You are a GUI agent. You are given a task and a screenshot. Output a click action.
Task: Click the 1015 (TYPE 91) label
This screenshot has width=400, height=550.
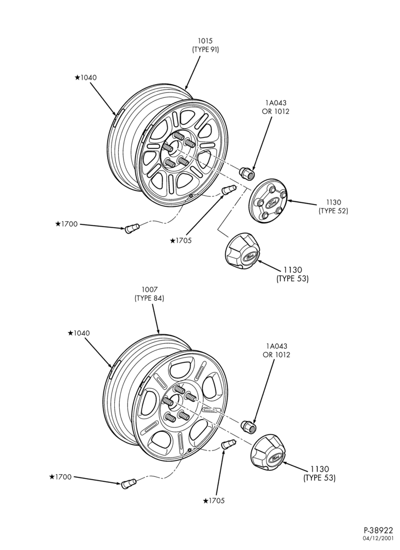click(x=205, y=46)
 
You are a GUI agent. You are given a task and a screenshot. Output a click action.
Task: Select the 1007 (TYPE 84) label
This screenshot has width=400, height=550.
click(x=149, y=294)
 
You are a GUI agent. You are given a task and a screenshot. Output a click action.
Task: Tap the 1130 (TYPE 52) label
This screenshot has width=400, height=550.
click(x=333, y=207)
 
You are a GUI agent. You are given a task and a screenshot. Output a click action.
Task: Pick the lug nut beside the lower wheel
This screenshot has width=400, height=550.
click(x=248, y=426)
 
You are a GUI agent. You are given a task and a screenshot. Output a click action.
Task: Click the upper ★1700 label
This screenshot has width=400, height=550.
click(x=66, y=224)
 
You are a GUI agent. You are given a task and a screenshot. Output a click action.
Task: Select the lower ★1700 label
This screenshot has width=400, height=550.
click(x=60, y=477)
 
